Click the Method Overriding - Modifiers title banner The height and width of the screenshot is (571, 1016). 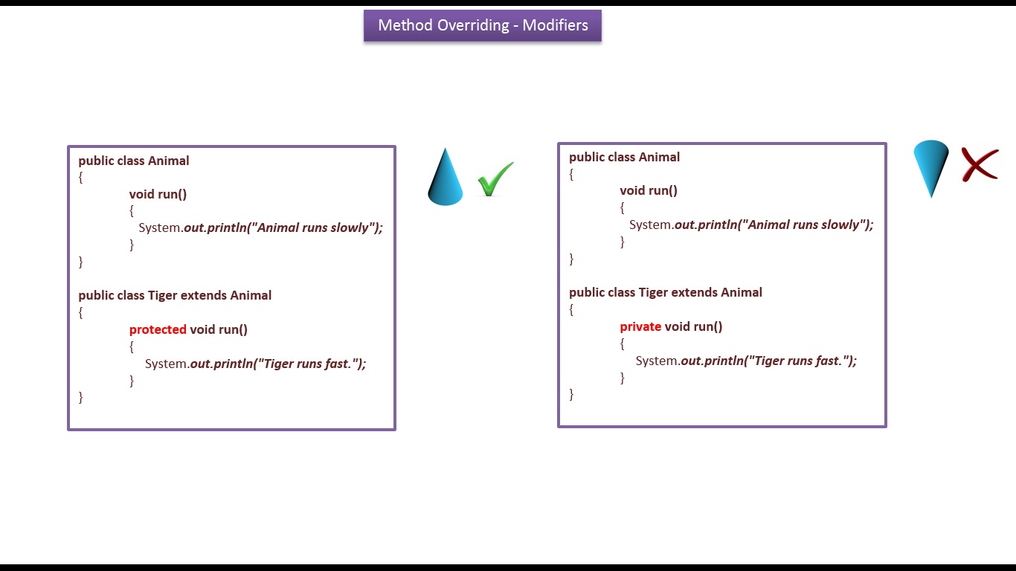point(482,25)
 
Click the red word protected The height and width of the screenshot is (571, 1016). point(158,329)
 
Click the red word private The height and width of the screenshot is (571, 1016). point(640,326)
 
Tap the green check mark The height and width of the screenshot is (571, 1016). point(495,179)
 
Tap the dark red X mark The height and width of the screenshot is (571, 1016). point(980,164)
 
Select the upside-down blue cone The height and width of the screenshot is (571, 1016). point(930,167)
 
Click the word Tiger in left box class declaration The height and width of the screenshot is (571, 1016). point(162,295)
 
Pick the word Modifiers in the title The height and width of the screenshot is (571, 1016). point(555,25)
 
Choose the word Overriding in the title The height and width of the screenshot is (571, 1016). point(473,25)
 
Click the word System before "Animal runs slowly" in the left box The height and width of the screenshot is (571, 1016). point(160,228)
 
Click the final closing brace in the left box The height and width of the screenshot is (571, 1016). point(81,397)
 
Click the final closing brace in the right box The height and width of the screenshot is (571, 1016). point(571,394)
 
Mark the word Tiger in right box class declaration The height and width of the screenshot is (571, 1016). point(653,292)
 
